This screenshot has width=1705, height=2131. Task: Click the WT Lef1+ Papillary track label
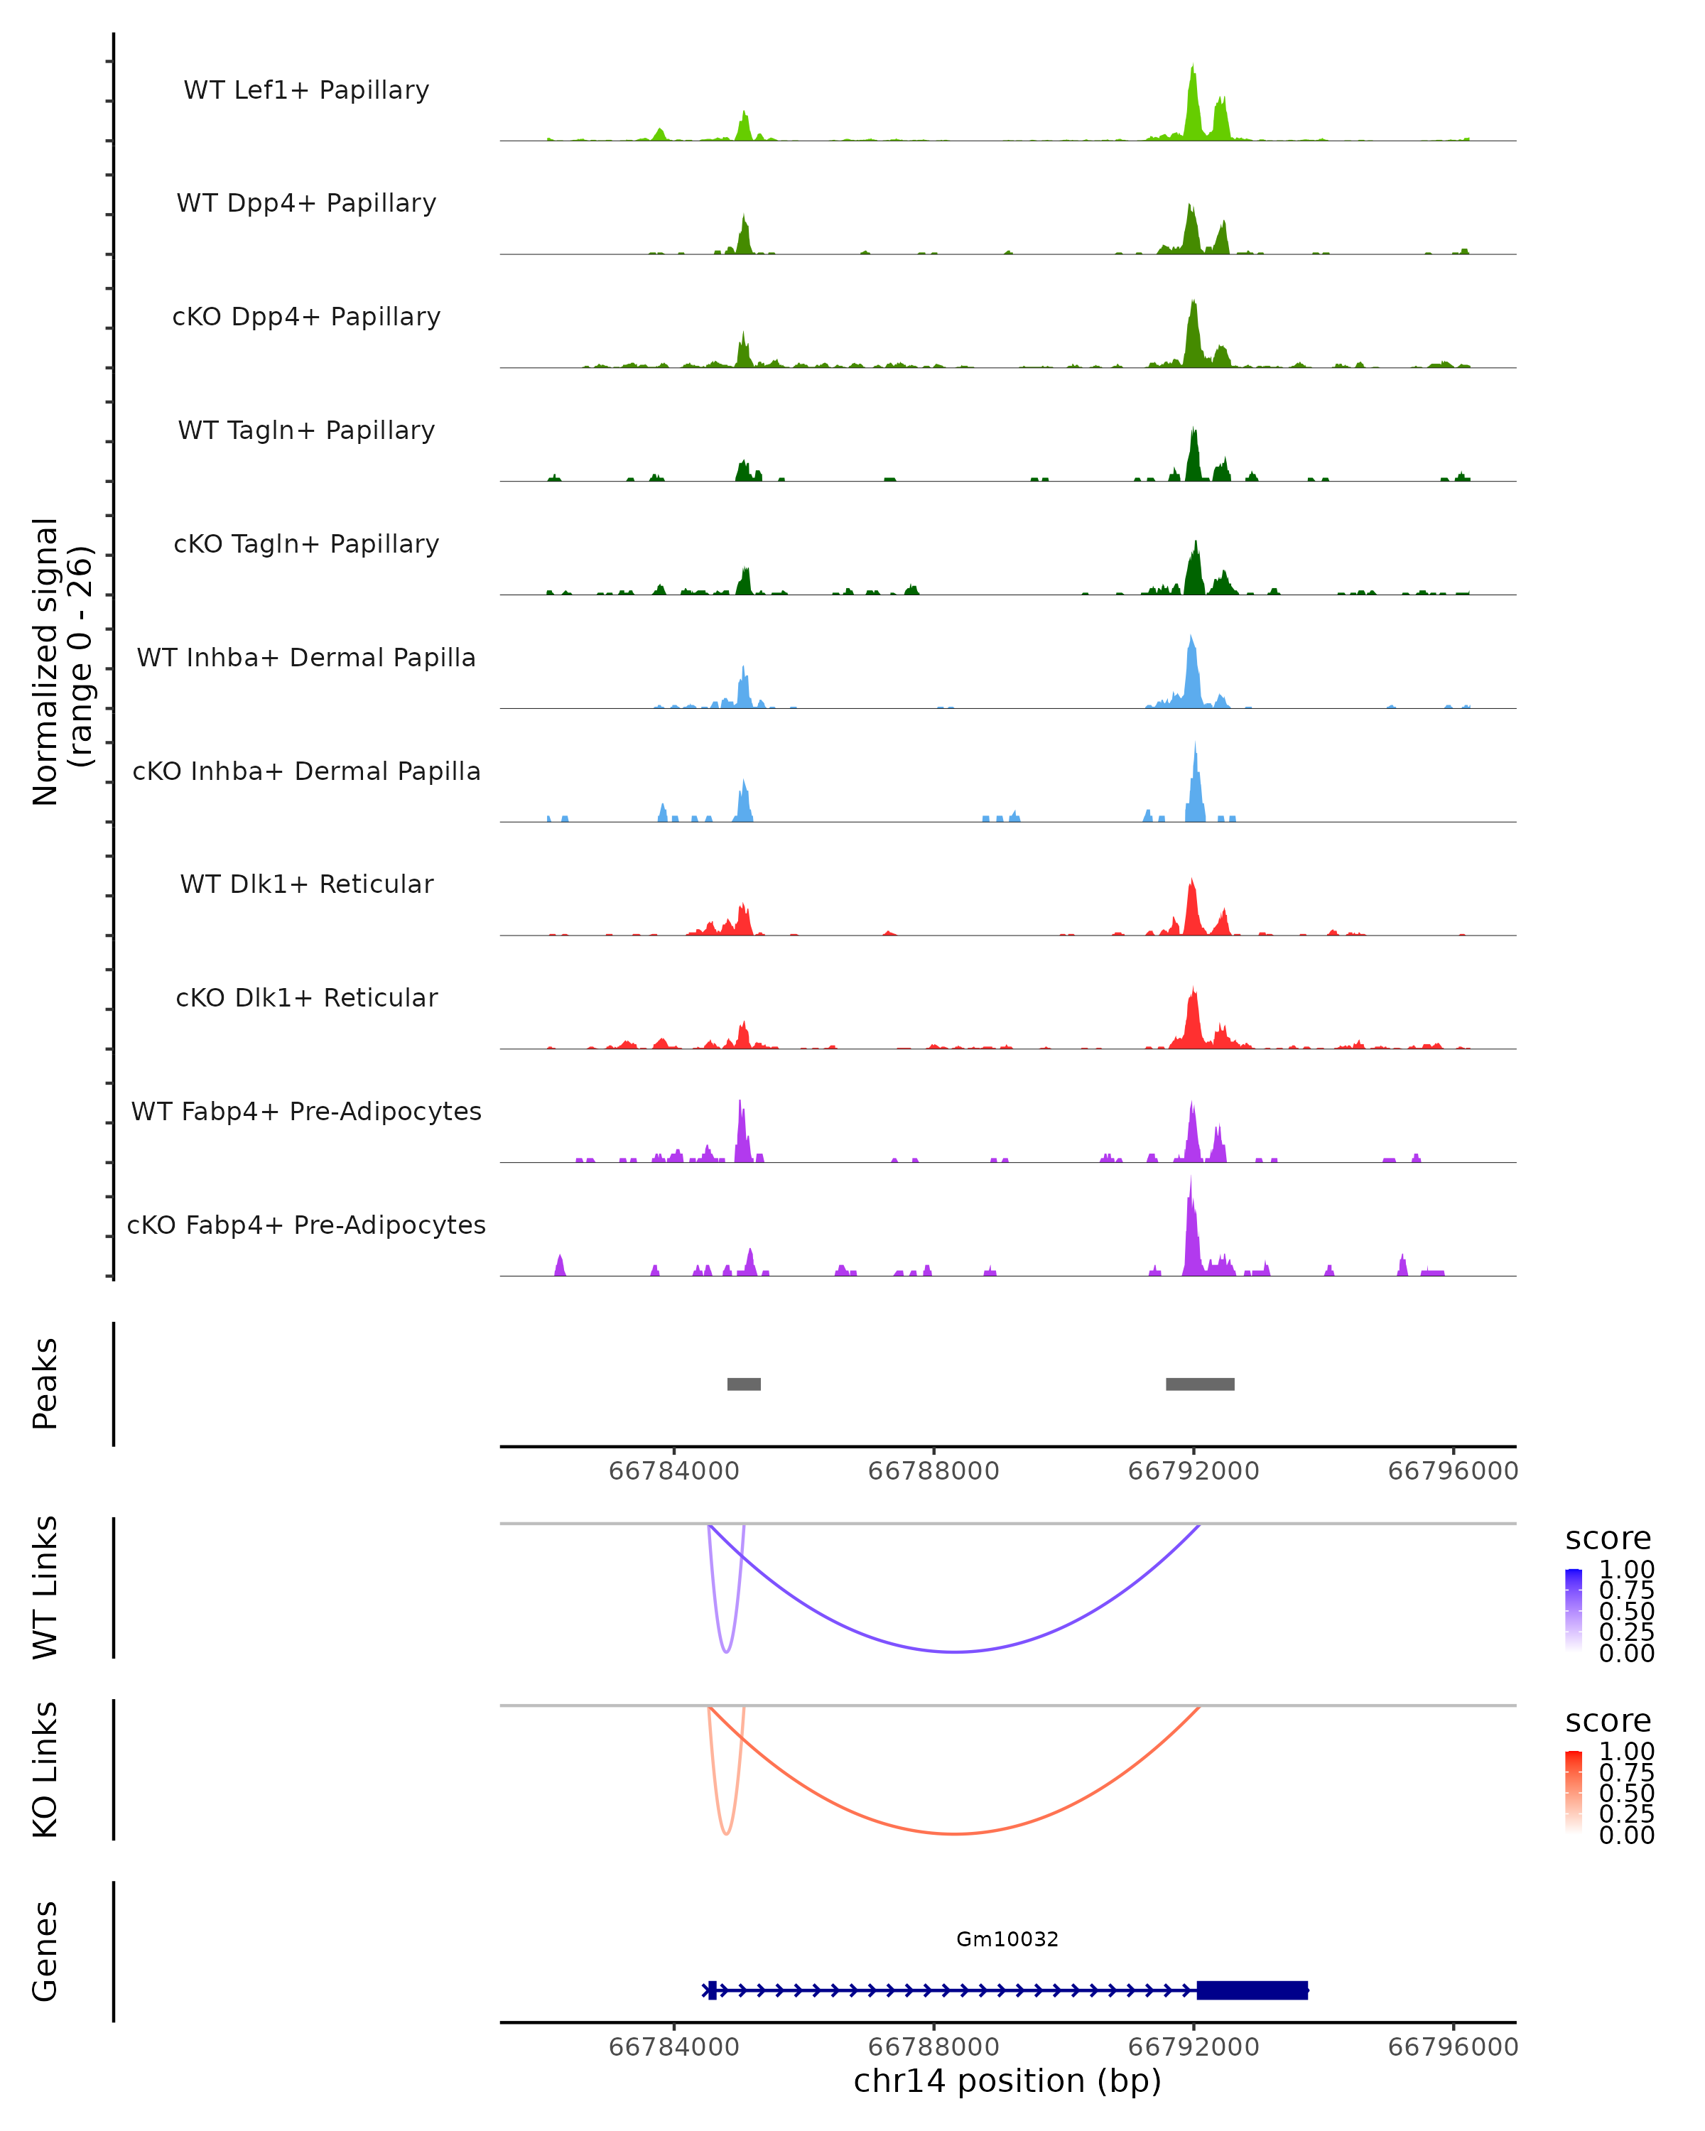[x=306, y=90]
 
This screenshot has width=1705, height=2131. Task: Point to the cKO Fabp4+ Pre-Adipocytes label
[x=306, y=1225]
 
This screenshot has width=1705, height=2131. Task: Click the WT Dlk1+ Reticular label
[x=306, y=884]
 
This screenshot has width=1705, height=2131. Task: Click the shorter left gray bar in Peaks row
[x=745, y=1384]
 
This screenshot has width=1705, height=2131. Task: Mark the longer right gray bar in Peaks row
[x=1200, y=1384]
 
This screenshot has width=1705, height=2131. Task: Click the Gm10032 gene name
[x=1007, y=1939]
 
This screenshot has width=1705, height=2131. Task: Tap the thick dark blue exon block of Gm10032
[x=1252, y=1990]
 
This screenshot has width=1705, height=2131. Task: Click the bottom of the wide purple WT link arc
[x=955, y=1652]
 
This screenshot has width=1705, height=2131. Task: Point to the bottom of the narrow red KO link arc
[x=727, y=1833]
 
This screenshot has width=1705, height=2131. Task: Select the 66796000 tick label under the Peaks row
[x=1453, y=1471]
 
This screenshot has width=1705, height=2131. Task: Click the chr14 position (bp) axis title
[x=1007, y=2081]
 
